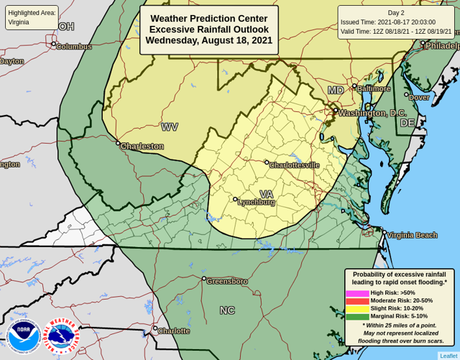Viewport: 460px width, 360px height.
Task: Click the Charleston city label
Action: tap(142, 146)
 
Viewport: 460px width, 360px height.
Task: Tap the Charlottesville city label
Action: tap(294, 165)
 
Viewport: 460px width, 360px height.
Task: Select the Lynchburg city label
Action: tap(256, 202)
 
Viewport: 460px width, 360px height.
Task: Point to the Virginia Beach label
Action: tap(412, 235)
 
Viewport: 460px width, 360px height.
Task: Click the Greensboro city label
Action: tap(226, 281)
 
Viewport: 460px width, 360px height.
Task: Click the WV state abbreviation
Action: tap(170, 126)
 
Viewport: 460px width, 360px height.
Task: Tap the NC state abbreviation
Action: tap(227, 310)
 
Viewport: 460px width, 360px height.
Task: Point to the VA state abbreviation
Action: tap(266, 194)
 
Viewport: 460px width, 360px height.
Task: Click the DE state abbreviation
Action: tap(407, 123)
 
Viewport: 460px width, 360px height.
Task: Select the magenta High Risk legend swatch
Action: tap(357, 293)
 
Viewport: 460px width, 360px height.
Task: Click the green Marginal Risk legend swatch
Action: tap(357, 316)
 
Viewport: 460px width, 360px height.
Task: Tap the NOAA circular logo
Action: tap(23, 336)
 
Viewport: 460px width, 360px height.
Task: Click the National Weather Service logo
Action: tap(63, 336)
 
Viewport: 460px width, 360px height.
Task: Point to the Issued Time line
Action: tap(397, 22)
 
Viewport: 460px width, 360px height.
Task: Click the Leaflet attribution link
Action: tap(448, 355)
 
